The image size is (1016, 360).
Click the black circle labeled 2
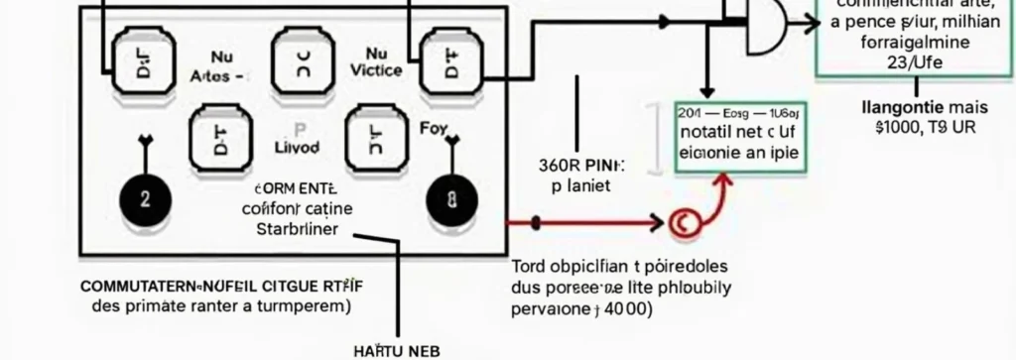pos(145,198)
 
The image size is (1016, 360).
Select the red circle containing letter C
pos(682,223)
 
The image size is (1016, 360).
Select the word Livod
pos(297,147)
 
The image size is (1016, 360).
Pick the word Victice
pos(376,70)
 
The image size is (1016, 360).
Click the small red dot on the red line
pos(536,222)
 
